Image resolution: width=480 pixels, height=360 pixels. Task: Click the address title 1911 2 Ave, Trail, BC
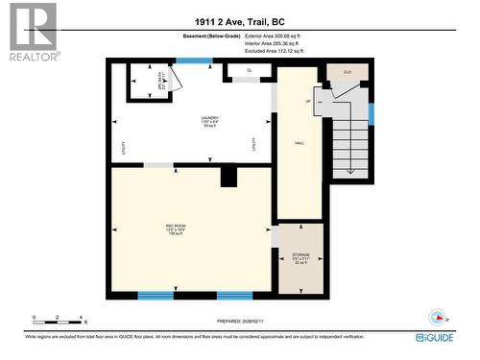pos(240,21)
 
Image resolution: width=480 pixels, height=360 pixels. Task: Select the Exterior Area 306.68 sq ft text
pos(273,36)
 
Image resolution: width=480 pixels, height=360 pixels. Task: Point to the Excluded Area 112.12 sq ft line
pos(274,51)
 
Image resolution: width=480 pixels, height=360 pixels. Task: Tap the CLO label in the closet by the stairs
pos(347,72)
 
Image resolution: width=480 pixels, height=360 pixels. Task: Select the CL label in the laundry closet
pos(248,70)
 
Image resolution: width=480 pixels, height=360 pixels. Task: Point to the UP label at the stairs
pos(307,101)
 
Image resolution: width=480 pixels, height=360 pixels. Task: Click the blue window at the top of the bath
pos(193,61)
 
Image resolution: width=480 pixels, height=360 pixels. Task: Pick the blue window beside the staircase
pos(370,111)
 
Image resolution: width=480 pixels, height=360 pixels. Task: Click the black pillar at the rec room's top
pos(228,176)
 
